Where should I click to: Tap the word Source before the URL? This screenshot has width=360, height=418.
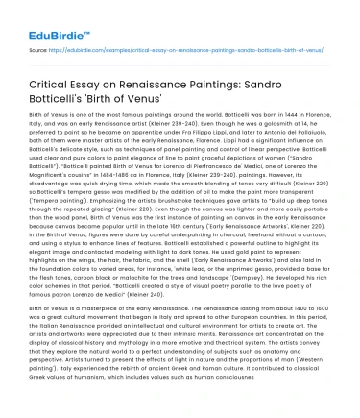tap(39, 46)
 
